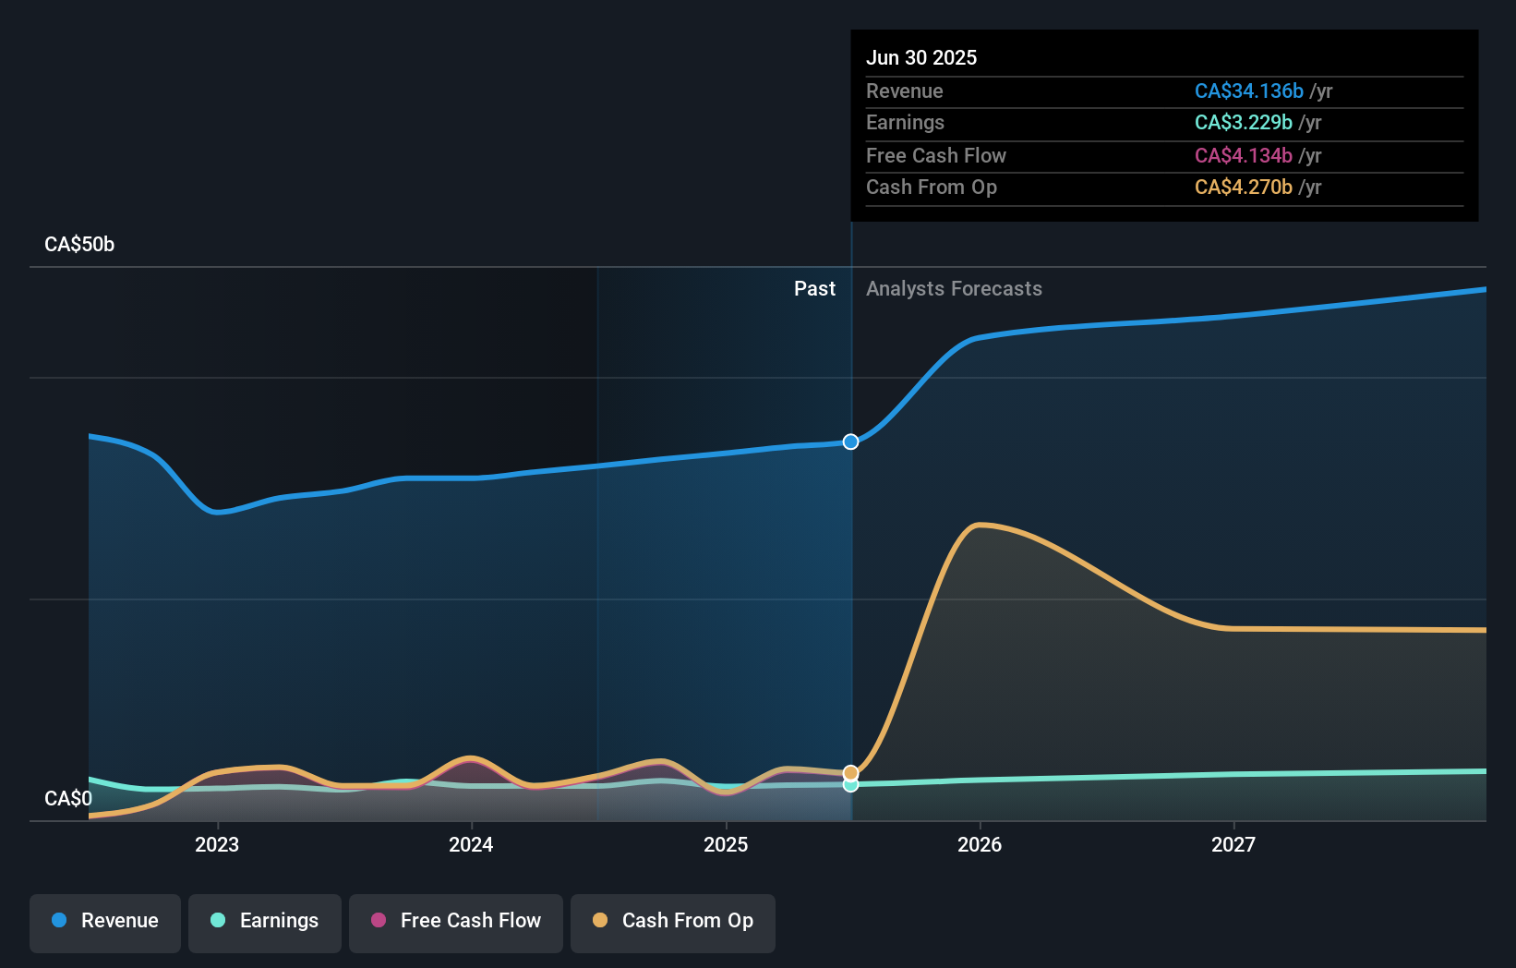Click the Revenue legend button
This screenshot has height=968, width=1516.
[105, 922]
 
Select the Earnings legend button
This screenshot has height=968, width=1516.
[265, 922]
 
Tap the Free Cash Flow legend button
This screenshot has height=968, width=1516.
[456, 922]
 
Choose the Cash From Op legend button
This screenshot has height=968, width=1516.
[673, 922]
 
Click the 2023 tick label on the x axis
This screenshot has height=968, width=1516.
[217, 845]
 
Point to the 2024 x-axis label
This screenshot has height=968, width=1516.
[471, 845]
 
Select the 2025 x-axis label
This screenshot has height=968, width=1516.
[726, 845]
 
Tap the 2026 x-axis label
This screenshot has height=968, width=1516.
[980, 845]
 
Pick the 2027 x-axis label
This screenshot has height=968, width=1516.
[1233, 845]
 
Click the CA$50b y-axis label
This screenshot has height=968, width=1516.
[79, 245]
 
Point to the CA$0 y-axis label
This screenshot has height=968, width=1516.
[68, 799]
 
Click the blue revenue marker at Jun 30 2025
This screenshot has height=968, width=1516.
[850, 442]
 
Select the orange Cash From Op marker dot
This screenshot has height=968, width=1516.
[850, 772]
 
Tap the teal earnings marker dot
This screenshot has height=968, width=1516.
[850, 785]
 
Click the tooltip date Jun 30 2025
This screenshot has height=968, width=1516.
[921, 58]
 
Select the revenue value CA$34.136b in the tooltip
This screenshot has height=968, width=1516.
[1248, 91]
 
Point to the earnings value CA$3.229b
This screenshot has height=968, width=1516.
[1243, 123]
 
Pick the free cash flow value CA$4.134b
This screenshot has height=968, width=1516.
[1243, 156]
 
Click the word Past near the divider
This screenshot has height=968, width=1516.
[814, 289]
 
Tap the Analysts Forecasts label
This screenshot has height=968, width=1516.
[954, 289]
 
